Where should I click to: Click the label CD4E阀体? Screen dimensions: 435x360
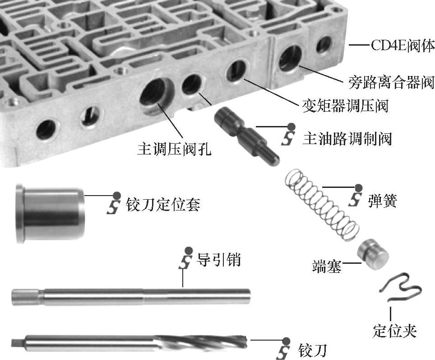point(403,46)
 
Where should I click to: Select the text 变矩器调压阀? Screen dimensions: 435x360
point(345,106)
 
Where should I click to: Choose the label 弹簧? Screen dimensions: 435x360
point(383,201)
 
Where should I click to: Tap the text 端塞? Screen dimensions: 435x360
point(327,266)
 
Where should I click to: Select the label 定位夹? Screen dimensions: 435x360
point(394,330)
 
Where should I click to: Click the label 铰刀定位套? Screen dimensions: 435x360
point(163,205)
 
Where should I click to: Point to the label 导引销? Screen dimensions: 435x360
point(218,259)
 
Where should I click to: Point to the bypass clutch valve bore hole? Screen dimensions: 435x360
point(290,58)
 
